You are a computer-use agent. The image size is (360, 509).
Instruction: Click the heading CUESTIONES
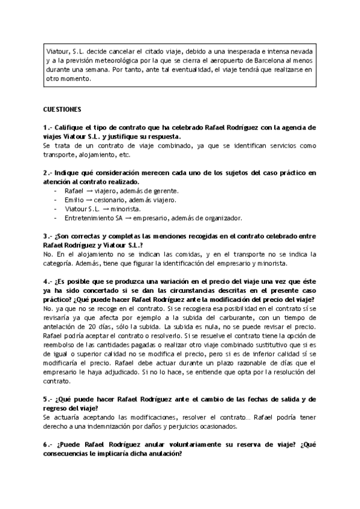[x=66, y=110]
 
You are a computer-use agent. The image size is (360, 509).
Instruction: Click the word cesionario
[x=113, y=199]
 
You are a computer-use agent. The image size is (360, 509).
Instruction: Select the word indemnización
[x=109, y=426]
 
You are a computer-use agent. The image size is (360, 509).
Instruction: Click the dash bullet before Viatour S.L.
[x=55, y=208]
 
